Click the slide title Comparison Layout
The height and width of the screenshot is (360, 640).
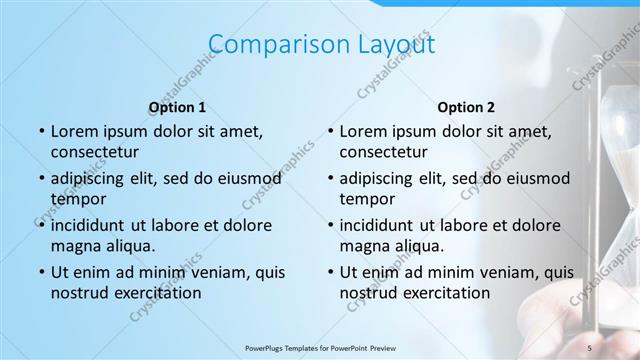320,44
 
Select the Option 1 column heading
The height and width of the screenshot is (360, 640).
177,106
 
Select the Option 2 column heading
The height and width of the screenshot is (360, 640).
465,106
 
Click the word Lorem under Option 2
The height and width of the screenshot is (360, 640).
363,131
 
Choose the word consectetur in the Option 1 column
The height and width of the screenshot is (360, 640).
96,152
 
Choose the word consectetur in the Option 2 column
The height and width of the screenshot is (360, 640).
385,152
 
